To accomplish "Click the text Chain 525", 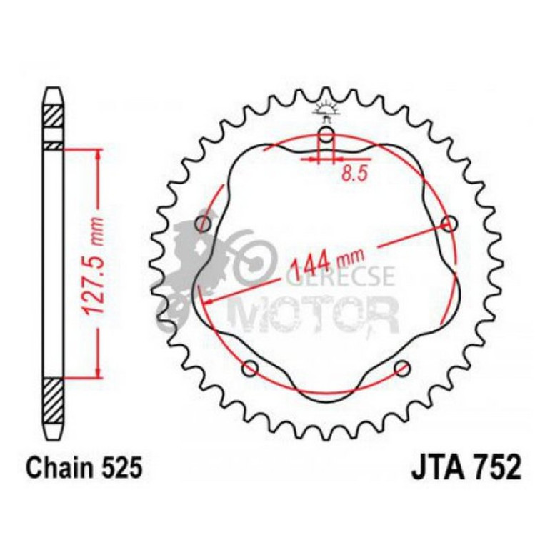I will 85,468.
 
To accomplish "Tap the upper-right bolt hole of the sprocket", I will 449,224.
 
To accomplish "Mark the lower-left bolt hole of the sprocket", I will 250,369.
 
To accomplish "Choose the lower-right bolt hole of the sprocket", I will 403,369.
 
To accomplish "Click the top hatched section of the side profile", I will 54,115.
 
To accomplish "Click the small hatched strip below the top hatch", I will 54,145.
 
